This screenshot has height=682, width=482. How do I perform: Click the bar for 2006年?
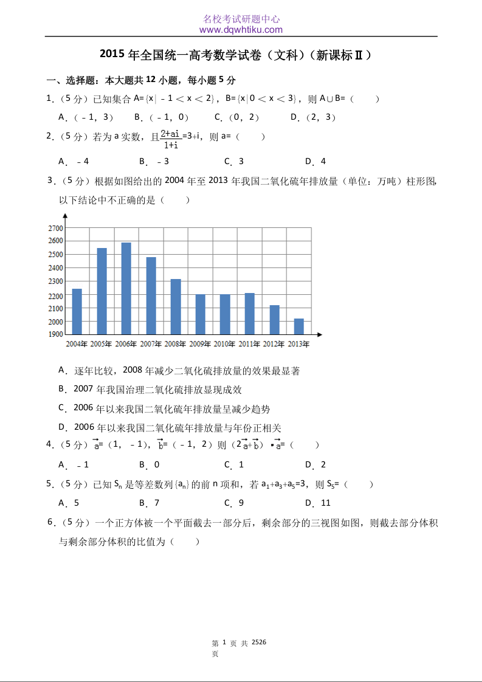pyautogui.click(x=126, y=288)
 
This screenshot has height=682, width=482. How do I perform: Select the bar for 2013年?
pyautogui.click(x=298, y=326)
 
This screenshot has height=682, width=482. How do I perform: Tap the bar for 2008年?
pyautogui.click(x=175, y=306)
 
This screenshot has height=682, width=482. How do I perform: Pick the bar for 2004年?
pyautogui.click(x=77, y=311)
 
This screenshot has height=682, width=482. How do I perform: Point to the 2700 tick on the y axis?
pyautogui.click(x=55, y=228)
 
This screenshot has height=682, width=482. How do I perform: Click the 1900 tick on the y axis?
pyautogui.click(x=55, y=334)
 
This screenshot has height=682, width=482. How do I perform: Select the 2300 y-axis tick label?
pyautogui.click(x=55, y=281)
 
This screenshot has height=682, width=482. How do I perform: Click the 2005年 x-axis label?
pyautogui.click(x=101, y=344)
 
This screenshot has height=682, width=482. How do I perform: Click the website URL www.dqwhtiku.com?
pyautogui.click(x=241, y=29)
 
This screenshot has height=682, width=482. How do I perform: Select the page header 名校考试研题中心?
pyautogui.click(x=241, y=19)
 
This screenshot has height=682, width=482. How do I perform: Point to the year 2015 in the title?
pyautogui.click(x=112, y=55)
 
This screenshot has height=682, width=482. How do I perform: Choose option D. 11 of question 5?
pyautogui.click(x=318, y=503)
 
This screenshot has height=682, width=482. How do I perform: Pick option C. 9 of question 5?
pyautogui.click(x=234, y=503)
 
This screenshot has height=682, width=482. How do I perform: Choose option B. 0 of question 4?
pyautogui.click(x=150, y=464)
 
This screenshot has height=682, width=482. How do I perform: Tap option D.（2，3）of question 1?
pyautogui.click(x=313, y=117)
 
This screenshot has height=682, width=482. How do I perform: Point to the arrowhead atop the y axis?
pyautogui.click(x=64, y=216)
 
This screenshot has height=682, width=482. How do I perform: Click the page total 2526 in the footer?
pyautogui.click(x=259, y=642)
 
